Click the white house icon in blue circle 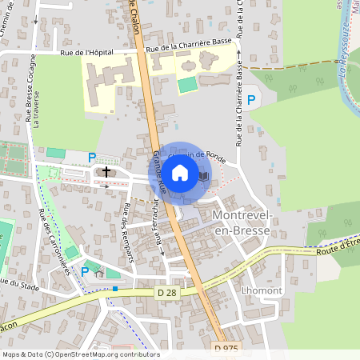pos(180,172)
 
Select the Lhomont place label pos(258,292)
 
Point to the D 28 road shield pos(166,294)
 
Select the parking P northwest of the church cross pos(92,158)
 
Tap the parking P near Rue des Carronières pos(85,271)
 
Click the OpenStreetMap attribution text pos(81,354)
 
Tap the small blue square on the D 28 pos(115,288)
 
